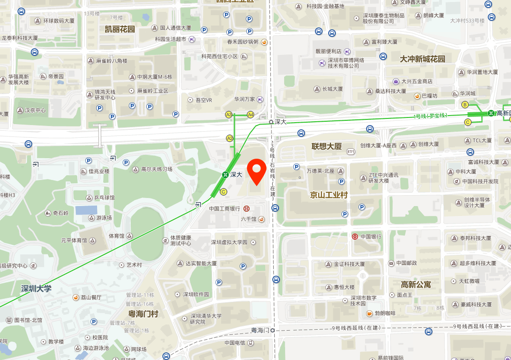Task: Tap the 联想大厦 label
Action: [326, 146]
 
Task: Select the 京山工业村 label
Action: [329, 195]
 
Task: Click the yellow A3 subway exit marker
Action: [229, 115]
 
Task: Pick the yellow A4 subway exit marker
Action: [251, 115]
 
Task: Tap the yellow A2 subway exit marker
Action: [230, 138]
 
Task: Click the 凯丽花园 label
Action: [120, 29]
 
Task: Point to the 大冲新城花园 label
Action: [422, 59]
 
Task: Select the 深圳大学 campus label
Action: [36, 288]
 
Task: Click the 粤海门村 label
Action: [143, 314]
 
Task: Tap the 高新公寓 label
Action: [416, 284]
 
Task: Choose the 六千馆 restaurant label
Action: [249, 219]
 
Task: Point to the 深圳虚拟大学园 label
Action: [229, 242]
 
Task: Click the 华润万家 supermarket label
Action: [244, 99]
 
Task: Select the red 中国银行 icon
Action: [355, 236]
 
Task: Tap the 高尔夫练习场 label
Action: [157, 169]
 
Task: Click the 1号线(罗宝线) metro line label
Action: [430, 116]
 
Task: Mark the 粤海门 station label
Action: [260, 330]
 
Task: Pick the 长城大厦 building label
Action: [332, 89]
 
